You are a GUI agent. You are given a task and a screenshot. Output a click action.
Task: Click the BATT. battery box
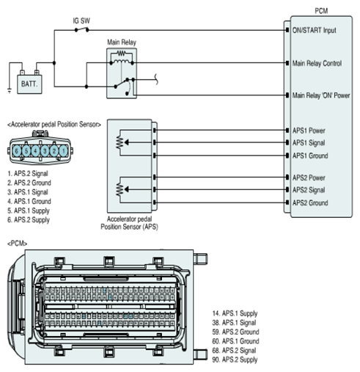coord(29,84)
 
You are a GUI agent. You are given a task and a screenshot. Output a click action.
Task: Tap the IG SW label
coord(81,21)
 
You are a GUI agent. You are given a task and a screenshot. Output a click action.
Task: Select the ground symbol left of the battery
coord(10,91)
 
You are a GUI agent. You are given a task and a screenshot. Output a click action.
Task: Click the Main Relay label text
coord(122,43)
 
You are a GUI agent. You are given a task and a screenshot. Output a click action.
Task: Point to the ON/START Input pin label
coord(315,30)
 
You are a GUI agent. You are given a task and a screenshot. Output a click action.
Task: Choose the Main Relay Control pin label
coord(317,63)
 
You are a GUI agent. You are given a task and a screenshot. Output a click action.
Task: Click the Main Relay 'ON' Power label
coord(321,95)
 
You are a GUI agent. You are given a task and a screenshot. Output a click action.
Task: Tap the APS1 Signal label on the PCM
coord(309,142)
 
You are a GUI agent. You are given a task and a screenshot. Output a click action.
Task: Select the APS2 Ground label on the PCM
coord(310,203)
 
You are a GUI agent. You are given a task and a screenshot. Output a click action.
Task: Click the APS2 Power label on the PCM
coord(309,178)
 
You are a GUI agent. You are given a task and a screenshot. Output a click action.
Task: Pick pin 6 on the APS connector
coord(17,150)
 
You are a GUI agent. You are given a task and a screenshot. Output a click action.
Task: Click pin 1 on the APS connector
coord(64,150)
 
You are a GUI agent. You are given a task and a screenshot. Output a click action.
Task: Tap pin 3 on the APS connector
coord(45,150)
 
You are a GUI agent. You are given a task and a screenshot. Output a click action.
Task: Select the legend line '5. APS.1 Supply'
coord(29,211)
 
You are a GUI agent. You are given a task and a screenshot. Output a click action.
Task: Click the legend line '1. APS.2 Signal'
coord(28,174)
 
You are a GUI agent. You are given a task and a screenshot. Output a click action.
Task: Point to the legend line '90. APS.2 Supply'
coord(235,360)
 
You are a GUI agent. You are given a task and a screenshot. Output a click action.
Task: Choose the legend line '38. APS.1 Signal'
coord(234,323)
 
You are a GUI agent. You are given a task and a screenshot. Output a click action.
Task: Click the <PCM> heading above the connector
coord(17,244)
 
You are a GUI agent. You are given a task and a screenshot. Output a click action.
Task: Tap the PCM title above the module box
coord(321,11)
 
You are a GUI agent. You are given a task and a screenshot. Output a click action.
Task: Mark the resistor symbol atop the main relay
coord(122,53)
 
